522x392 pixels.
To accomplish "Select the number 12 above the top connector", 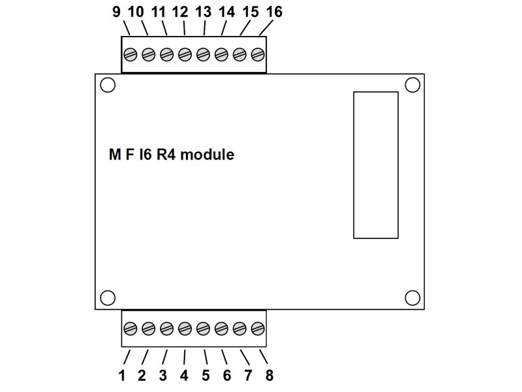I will click(x=181, y=12).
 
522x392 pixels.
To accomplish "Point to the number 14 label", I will click(x=226, y=12).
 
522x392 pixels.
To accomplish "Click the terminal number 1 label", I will click(x=121, y=376).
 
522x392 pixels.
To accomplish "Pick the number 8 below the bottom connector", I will click(x=269, y=376).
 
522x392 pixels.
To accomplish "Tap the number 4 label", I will click(x=184, y=376).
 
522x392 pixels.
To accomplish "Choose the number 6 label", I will click(x=226, y=376).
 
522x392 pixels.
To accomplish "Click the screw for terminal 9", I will click(x=130, y=54).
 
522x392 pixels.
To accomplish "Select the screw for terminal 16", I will click(x=258, y=54).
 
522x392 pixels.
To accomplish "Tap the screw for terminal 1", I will click(x=130, y=327).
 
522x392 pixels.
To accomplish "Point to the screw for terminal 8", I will click(x=258, y=327).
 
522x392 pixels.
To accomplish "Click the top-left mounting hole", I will click(x=108, y=85).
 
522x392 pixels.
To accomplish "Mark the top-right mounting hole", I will click(x=412, y=85).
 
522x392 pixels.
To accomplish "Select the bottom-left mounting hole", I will click(x=108, y=297).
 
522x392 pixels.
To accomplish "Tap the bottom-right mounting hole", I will click(x=412, y=297).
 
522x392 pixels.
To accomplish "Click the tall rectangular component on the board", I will click(x=375, y=165).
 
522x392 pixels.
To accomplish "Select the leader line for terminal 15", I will click(x=245, y=29).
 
